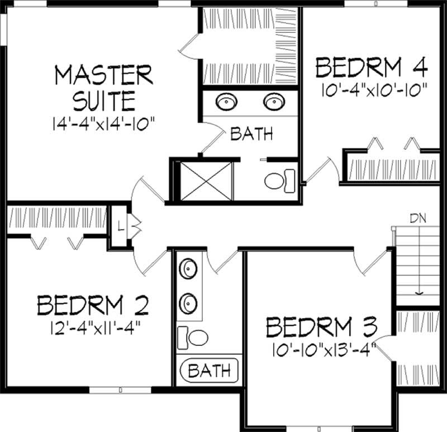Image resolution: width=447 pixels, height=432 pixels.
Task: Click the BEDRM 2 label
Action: (x=93, y=305)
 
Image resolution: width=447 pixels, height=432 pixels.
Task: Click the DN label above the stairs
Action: (x=418, y=219)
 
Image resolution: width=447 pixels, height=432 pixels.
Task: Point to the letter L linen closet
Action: (x=120, y=226)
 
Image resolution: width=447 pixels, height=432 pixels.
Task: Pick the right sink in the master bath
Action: (x=273, y=102)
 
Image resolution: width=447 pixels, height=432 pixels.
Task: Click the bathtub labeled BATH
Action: (x=209, y=369)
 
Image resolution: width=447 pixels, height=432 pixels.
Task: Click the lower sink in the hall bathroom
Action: (x=188, y=303)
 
